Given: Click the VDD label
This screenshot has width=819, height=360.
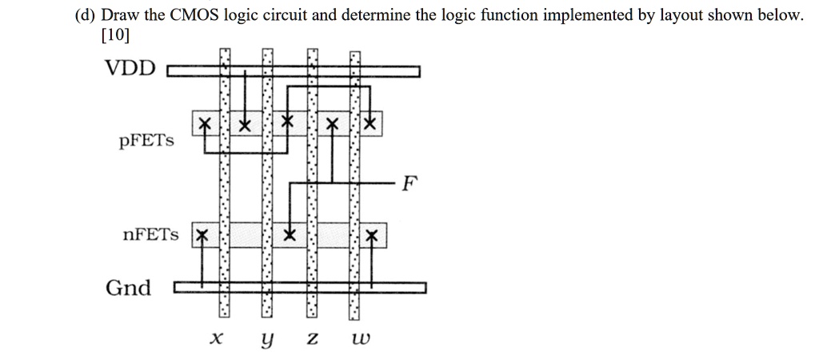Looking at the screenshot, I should [132, 68].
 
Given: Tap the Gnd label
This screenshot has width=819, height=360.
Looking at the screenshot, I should [128, 288].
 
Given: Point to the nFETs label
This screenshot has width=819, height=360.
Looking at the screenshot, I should [152, 235].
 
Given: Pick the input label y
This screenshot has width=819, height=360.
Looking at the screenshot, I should [266, 340].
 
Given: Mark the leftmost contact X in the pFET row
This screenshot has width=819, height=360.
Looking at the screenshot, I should [205, 126].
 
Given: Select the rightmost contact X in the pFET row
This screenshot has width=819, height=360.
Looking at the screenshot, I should [369, 125].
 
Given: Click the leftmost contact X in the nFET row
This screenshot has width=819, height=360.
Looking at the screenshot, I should [202, 235].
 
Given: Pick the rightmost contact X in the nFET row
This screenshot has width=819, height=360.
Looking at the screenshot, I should [370, 235].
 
